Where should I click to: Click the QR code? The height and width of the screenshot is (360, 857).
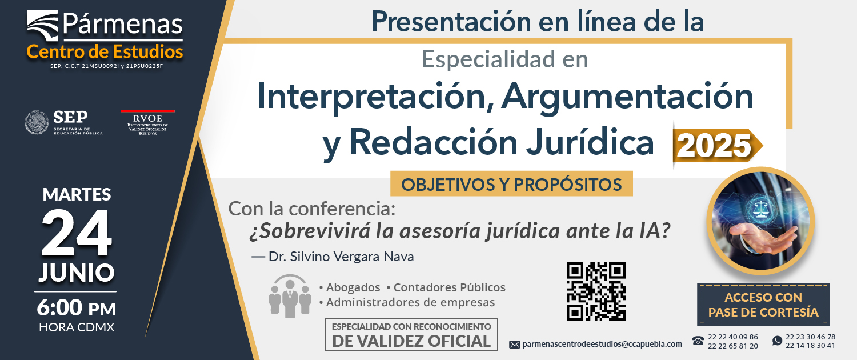[596, 291]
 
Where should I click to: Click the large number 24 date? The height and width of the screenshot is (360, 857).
[77, 233]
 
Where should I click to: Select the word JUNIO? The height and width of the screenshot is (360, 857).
[77, 273]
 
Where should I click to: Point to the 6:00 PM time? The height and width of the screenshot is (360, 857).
[76, 307]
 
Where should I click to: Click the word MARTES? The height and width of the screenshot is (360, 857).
[77, 194]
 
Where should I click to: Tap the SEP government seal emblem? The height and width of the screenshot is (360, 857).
[37, 122]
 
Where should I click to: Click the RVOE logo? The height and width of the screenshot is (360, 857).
[147, 122]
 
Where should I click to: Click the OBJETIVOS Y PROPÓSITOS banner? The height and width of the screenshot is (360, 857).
[511, 184]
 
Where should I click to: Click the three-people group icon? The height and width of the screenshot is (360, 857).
[290, 296]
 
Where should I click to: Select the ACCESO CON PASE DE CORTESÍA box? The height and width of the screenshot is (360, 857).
[763, 305]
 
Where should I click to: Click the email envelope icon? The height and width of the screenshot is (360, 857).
[515, 345]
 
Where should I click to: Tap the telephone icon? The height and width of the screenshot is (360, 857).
[698, 341]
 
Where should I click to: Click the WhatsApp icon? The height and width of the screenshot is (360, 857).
[777, 341]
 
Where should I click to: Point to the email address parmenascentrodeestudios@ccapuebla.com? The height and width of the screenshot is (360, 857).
[602, 344]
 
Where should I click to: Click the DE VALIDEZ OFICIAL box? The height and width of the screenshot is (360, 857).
[411, 334]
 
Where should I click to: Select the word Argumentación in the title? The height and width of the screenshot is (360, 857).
[627, 96]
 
